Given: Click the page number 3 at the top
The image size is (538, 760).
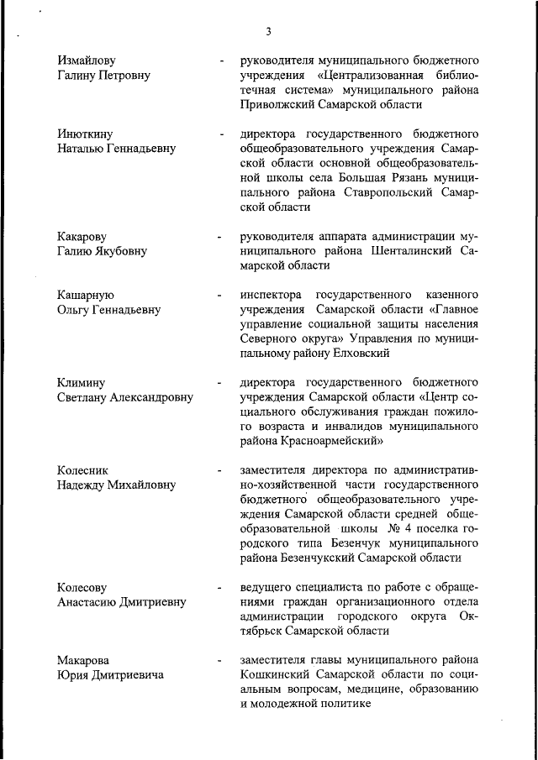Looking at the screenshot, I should tap(267, 32).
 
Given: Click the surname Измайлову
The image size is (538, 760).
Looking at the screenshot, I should tap(87, 60).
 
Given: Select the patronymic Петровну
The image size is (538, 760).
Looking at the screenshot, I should tap(120, 76).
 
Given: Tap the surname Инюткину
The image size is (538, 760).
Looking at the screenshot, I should tap(85, 134).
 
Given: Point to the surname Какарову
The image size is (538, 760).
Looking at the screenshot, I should tap(82, 236).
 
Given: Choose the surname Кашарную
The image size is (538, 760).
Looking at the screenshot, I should tap(86, 295).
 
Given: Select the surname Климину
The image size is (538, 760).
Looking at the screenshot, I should tap(82, 382).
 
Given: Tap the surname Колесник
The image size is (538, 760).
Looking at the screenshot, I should tap(83, 470).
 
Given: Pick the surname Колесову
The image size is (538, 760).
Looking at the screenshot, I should tap(82, 586).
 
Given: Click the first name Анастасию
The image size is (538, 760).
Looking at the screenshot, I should tap(92, 601).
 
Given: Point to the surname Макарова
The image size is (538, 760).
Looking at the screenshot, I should tap(83, 660).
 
